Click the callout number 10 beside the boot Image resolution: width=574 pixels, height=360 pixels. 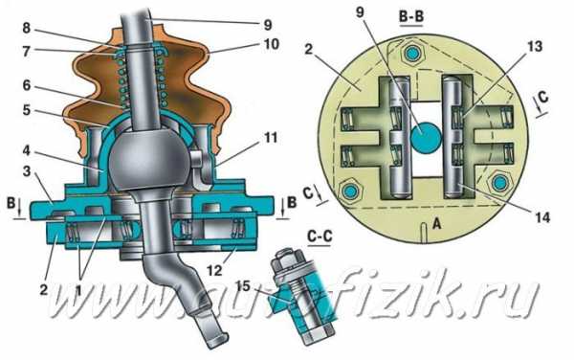272,44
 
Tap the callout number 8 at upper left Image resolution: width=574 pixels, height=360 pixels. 26,28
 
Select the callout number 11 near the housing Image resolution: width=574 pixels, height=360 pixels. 270,138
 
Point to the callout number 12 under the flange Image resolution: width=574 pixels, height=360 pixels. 214,270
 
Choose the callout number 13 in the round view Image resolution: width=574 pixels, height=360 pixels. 535,47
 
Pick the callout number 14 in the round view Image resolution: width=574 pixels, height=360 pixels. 541,217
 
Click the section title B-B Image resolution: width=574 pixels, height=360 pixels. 411,18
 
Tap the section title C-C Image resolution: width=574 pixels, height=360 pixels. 320,236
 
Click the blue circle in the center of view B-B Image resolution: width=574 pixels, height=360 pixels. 425,137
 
